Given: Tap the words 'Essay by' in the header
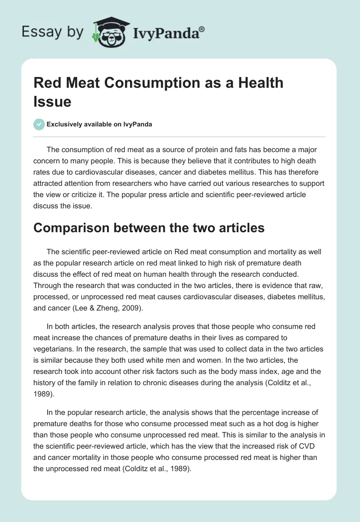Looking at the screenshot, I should tap(53, 32).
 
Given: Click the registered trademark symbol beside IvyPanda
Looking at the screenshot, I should tap(202, 30).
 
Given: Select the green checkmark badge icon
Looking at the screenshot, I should tap(39, 124).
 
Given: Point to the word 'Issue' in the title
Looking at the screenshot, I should tap(52, 102).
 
